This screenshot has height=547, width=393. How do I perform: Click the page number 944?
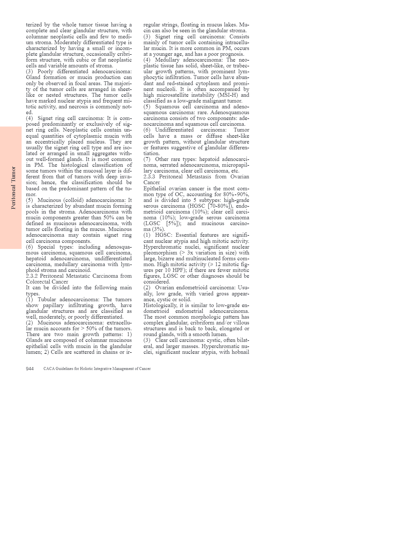(30, 369)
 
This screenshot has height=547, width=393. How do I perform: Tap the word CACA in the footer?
(49, 369)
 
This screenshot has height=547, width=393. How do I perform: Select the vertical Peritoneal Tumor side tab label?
(13, 188)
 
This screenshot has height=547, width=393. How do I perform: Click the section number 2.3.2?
(32, 276)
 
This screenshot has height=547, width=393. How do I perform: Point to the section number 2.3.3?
(149, 177)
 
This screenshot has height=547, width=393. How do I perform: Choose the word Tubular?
(47, 300)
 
